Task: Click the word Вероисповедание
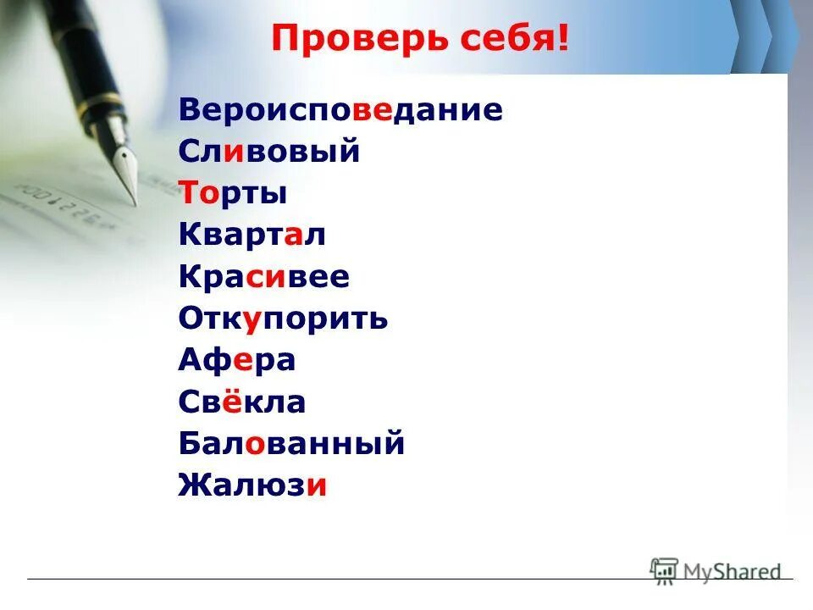pos(340,110)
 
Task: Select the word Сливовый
pos(269,152)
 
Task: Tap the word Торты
pos(233,194)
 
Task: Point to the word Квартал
pos(252,236)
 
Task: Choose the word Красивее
pos(263,277)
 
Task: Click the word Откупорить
pos(283,319)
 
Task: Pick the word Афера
pos(236,360)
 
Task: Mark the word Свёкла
pos(241,402)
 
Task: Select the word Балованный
pos(291,443)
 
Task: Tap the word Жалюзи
pos(252,485)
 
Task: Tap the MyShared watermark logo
pos(716,572)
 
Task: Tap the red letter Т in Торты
pos(188,194)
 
